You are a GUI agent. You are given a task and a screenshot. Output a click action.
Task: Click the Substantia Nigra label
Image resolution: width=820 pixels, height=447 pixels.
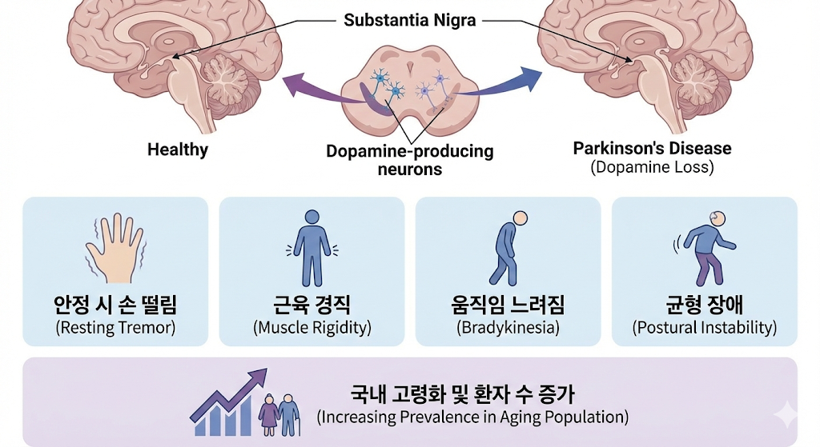pos(409,20)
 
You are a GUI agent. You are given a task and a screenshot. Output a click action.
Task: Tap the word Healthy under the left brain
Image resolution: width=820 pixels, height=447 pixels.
pos(178,150)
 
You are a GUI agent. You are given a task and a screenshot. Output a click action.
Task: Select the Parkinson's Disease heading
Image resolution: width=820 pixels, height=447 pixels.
pos(652,149)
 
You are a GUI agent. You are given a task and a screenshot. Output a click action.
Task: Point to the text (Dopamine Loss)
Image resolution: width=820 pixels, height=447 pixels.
pos(652,168)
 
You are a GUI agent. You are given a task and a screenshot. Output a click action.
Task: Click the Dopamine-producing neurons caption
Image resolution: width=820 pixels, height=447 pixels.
pos(409,160)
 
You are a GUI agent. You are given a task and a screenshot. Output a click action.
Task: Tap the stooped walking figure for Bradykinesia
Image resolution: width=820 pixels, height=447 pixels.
pos(508,248)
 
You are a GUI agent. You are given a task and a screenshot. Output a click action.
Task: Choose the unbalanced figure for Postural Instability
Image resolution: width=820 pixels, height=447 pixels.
pos(704,248)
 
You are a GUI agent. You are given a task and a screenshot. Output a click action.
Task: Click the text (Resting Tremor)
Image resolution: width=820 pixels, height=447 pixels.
pos(115,328)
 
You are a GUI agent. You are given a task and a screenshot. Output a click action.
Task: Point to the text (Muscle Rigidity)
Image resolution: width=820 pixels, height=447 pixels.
pos(312,328)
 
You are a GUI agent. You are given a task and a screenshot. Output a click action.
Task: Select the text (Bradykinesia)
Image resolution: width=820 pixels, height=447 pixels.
pos(508,328)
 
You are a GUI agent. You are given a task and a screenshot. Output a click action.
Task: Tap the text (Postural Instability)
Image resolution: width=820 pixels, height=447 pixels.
pos(704,328)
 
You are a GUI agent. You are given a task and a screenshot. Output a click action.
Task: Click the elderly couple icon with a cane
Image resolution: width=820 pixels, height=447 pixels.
pos(279,412)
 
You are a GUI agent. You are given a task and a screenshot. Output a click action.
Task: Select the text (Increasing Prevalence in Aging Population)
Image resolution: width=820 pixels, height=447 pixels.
pos(472,417)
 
